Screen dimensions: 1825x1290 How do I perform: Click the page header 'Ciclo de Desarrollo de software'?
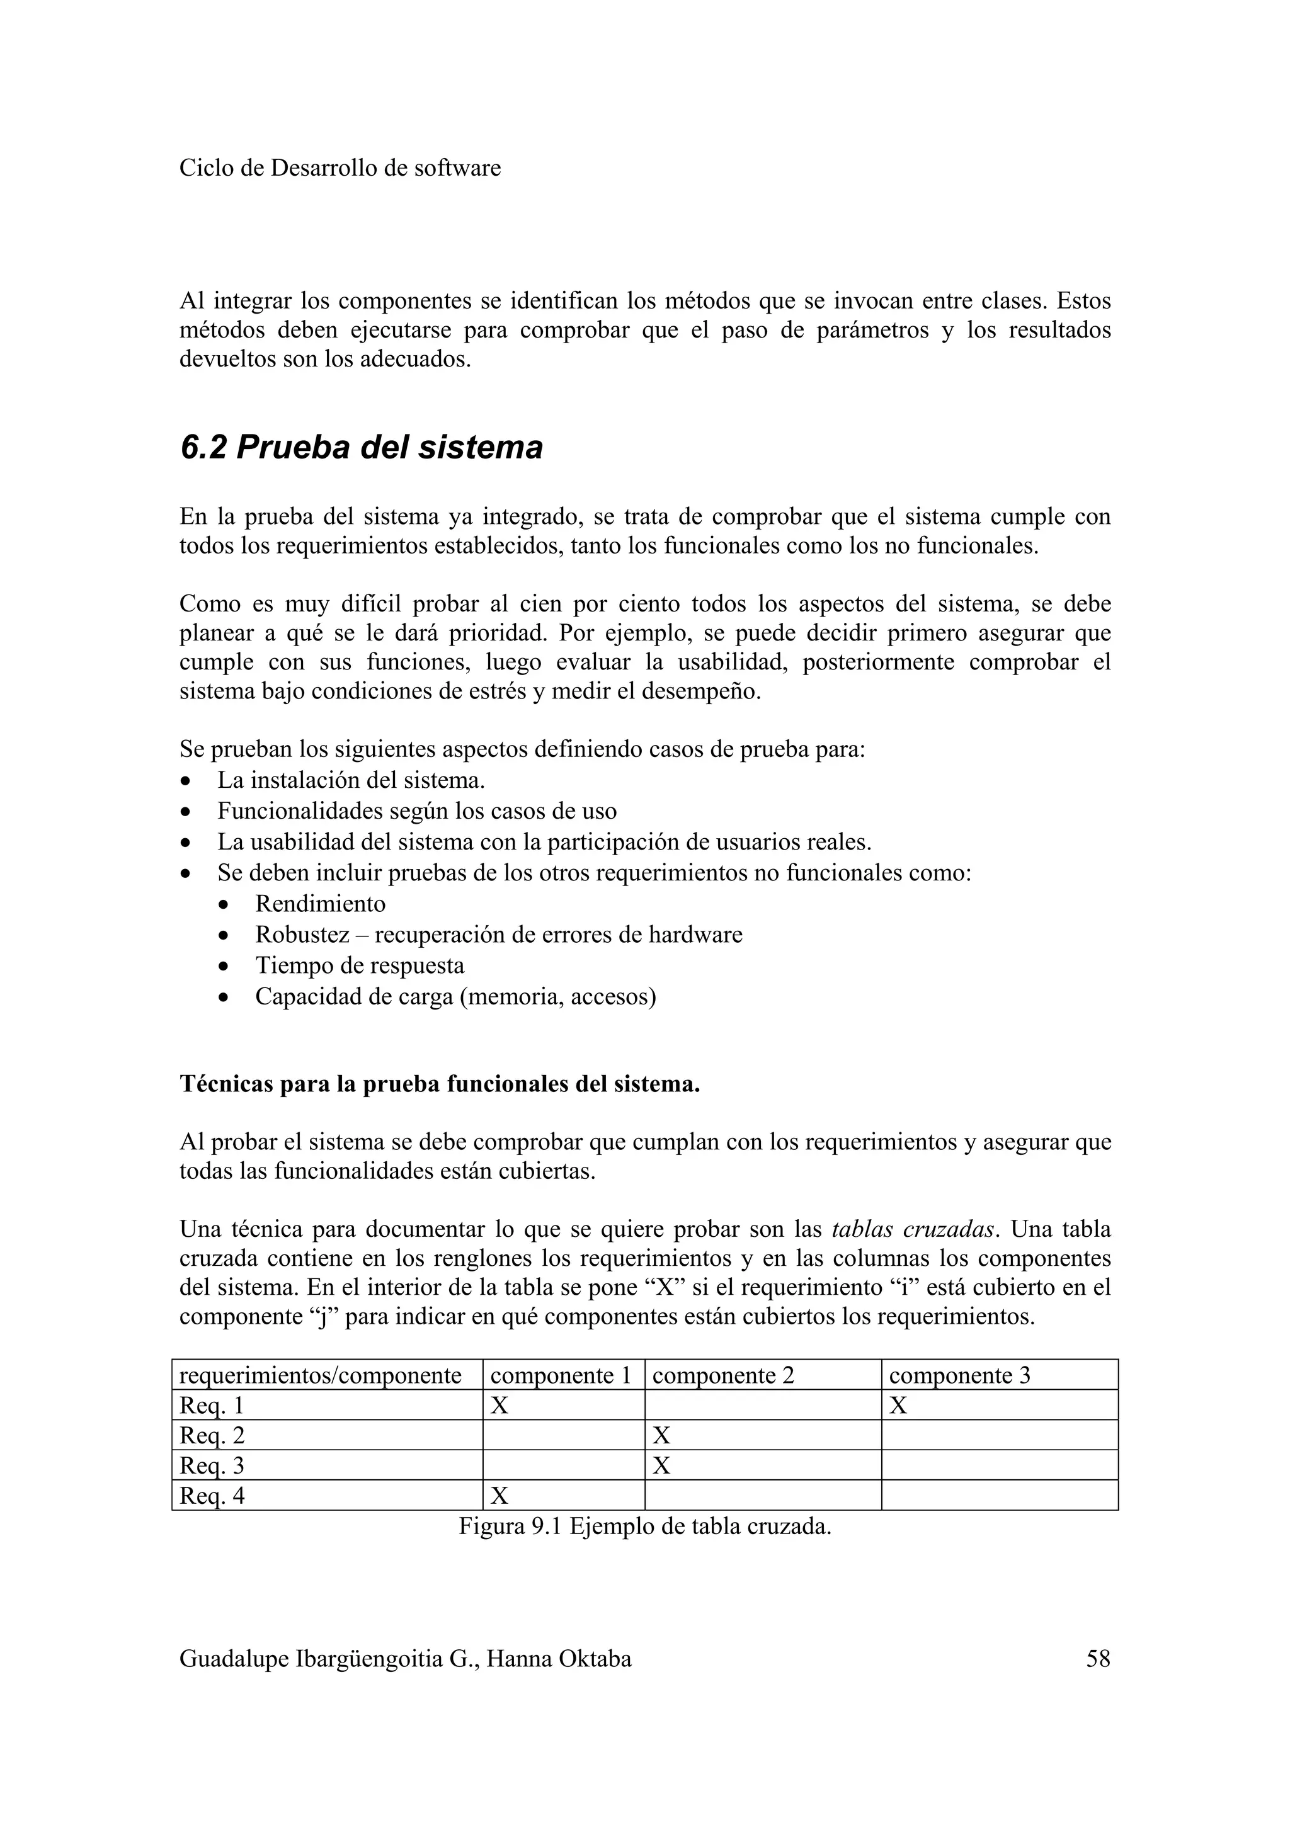340,169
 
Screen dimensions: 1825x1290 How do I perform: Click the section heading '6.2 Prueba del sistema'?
361,448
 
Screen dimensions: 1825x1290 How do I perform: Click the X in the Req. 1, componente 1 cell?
499,1406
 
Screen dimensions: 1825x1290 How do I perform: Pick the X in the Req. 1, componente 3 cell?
898,1406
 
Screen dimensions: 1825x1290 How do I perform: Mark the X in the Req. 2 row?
661,1436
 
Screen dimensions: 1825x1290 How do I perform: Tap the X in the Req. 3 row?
661,1465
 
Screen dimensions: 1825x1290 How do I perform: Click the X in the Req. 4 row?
499,1496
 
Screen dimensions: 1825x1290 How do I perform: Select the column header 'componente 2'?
722,1375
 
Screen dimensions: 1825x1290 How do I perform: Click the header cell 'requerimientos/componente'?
321,1375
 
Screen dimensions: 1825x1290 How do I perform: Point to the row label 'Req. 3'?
212,1465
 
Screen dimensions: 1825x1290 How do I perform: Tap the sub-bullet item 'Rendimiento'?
321,904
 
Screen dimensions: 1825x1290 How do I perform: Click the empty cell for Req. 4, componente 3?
999,1496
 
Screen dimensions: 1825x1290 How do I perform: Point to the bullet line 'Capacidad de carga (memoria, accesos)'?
455,996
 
